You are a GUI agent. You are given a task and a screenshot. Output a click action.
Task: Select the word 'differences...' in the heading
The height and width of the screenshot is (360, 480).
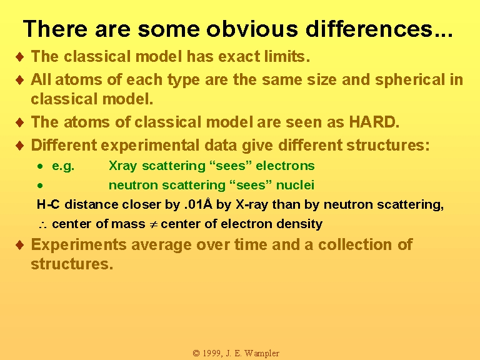379,29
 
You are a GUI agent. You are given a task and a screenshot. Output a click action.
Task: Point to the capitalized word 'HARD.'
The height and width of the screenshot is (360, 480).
374,122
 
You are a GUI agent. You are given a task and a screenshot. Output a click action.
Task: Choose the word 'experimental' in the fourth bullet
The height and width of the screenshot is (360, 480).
150,145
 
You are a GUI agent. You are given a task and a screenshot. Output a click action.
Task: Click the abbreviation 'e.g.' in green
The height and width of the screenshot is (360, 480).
63,166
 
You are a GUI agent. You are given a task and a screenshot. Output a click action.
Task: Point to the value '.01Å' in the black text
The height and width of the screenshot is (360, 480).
198,204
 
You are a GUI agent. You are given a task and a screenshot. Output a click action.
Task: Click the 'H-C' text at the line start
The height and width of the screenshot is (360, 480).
48,204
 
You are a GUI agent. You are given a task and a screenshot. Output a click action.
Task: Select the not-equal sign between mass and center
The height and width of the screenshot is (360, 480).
153,224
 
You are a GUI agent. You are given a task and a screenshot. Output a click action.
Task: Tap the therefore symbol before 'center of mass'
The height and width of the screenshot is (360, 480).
42,225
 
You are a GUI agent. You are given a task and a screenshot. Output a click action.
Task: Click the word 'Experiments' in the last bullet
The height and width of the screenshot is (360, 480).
79,245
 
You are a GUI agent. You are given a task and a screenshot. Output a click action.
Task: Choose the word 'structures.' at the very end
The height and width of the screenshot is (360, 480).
72,264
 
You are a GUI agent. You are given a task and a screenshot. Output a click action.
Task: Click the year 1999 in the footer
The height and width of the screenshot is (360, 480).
211,353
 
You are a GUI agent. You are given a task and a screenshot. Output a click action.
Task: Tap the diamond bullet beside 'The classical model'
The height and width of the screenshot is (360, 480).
20,57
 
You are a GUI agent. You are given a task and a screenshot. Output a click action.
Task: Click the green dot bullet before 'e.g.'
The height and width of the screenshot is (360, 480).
40,166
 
